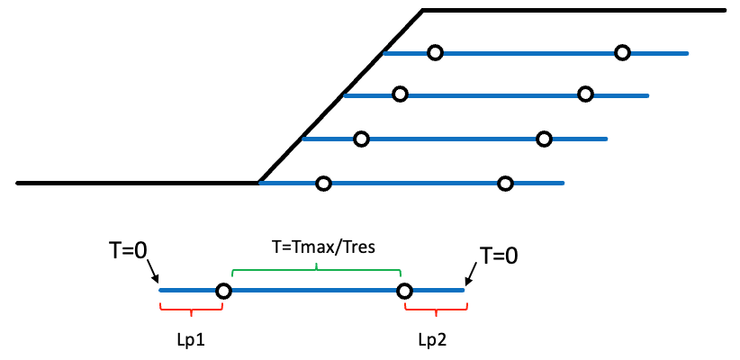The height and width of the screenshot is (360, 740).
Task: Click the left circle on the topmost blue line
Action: coord(435,53)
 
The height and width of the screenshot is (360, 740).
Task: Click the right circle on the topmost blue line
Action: coord(622,53)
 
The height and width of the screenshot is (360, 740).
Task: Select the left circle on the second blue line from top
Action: coord(400,94)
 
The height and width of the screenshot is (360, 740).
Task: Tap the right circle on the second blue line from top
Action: coord(585,94)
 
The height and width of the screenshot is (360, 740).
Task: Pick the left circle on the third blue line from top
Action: coord(361,139)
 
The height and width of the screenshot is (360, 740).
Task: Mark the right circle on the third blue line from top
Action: coord(544,139)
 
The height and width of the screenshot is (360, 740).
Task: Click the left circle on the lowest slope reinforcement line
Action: coord(323,184)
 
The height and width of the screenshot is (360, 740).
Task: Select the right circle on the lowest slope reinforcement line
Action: coord(505,184)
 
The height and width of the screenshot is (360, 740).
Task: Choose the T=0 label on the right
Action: coord(499,256)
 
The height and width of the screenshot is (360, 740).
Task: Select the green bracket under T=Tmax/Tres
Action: coord(316,269)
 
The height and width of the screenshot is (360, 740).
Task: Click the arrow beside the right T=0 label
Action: coord(472,274)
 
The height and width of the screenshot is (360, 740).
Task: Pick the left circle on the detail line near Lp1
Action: coord(223,291)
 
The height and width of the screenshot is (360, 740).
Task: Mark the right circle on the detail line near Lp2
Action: coord(404,291)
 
